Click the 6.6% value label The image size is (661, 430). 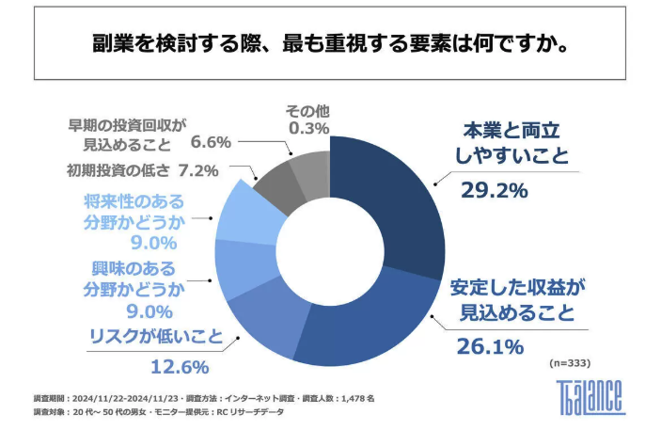[x=211, y=143]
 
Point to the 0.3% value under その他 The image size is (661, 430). [x=308, y=128]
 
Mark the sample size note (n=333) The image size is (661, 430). [x=572, y=361]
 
